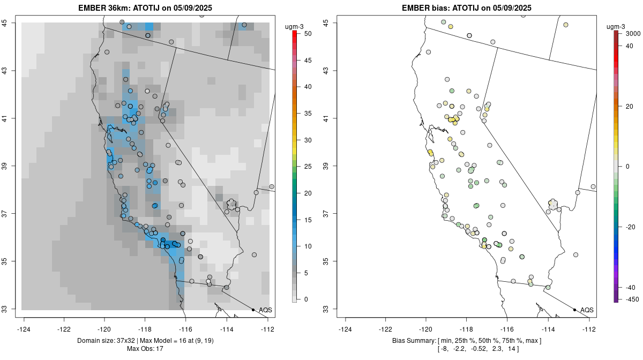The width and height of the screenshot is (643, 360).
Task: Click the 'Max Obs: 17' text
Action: click(145, 349)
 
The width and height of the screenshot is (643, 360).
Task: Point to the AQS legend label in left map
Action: click(265, 310)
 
